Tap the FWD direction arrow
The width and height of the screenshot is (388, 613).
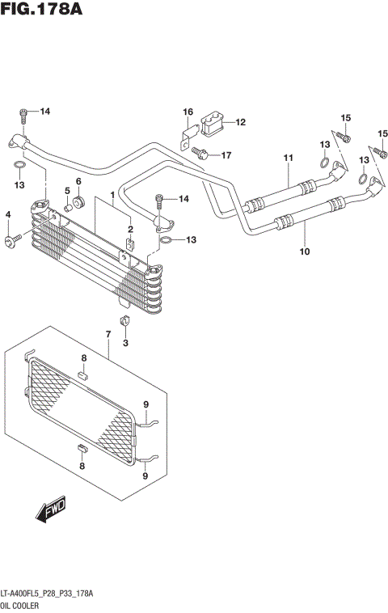coord(50,509)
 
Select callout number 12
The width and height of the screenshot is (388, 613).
coord(241,122)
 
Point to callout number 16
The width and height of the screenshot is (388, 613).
coord(188,112)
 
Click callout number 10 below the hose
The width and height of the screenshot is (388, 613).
coord(305,252)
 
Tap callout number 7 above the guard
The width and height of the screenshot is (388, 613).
coord(108,334)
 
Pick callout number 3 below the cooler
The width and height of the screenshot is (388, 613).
coord(125,344)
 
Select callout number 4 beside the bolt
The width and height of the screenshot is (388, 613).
coord(7,214)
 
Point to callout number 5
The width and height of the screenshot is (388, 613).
coord(68,191)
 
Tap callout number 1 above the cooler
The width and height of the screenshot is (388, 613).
coord(112,195)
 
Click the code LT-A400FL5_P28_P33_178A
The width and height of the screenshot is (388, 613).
coord(47,594)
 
